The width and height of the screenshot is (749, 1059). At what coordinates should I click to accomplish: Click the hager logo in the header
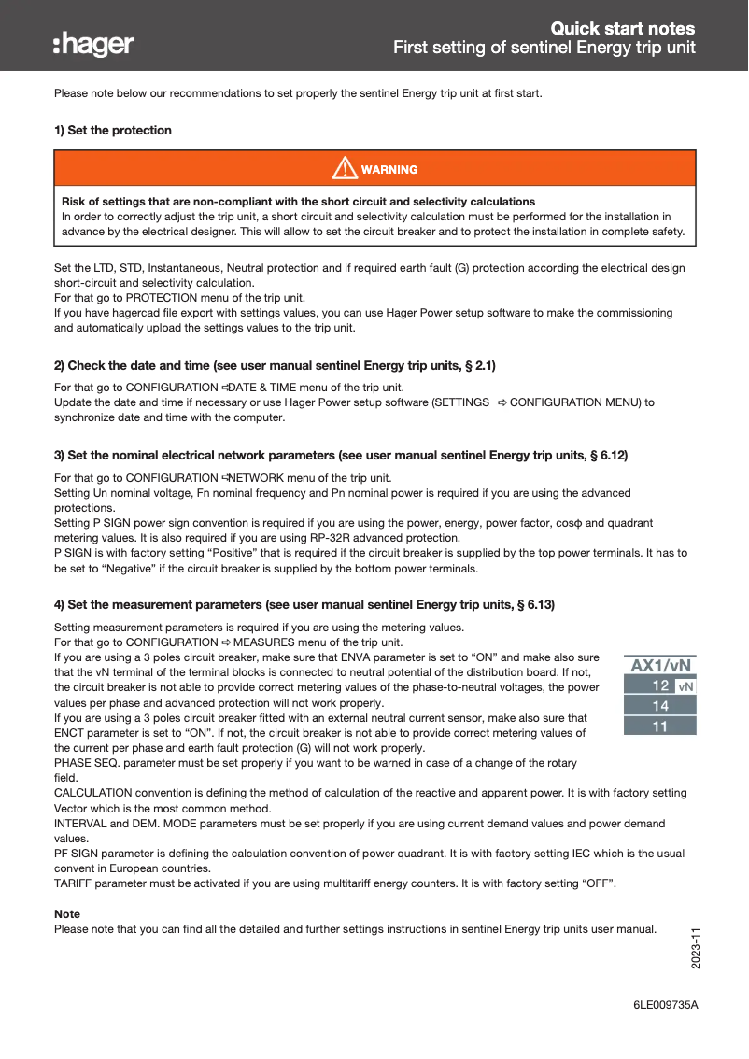click(x=93, y=44)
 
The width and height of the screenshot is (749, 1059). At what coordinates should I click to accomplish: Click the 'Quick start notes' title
click(x=622, y=28)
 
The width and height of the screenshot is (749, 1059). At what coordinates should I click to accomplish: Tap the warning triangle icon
click(x=345, y=168)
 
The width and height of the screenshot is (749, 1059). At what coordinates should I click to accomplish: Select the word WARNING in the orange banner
click(x=389, y=169)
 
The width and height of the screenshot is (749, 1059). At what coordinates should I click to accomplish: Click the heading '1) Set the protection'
click(x=113, y=130)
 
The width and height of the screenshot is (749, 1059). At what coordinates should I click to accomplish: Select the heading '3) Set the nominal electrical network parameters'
click(x=341, y=455)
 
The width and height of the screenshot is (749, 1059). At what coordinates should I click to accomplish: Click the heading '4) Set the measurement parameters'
click(x=304, y=604)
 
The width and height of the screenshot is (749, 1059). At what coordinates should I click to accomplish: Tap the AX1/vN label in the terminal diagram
click(x=660, y=666)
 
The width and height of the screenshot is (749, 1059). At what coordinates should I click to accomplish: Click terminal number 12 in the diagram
click(x=659, y=685)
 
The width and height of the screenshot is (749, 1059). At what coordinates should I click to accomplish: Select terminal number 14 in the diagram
click(x=659, y=706)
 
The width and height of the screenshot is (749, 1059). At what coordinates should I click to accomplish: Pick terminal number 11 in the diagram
click(x=659, y=726)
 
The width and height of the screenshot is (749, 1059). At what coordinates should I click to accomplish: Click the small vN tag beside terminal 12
click(x=685, y=686)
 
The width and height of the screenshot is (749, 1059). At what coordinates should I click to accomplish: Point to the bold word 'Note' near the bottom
click(x=67, y=913)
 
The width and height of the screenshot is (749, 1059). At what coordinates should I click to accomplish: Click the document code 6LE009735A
click(x=666, y=1004)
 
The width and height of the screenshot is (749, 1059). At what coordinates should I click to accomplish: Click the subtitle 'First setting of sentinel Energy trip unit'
click(x=544, y=48)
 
